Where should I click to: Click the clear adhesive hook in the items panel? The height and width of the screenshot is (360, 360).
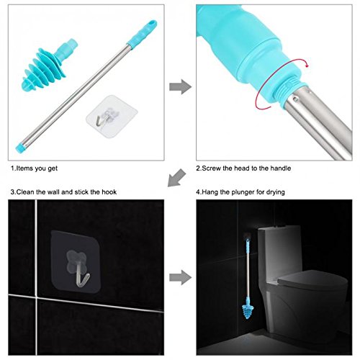click(112, 117)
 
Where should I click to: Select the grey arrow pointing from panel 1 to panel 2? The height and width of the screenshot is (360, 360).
click(180, 86)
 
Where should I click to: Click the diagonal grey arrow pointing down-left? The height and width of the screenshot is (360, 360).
click(176, 178)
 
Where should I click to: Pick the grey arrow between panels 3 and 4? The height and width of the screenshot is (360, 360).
click(180, 277)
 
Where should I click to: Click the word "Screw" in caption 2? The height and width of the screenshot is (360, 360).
click(211, 168)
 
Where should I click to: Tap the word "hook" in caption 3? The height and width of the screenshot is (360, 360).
click(109, 192)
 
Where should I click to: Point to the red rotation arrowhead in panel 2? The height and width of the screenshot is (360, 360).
click(305, 64)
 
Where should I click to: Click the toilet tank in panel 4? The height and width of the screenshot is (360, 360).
click(279, 243)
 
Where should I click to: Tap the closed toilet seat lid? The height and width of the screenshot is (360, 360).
click(312, 279)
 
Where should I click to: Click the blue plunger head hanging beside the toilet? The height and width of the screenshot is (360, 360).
click(248, 308)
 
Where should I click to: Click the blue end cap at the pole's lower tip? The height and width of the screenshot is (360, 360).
click(20, 148)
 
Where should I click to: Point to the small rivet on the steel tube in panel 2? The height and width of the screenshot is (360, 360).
click(296, 98)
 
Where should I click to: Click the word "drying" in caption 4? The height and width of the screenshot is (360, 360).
click(276, 192)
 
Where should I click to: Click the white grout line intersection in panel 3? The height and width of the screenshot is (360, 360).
click(36, 297)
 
